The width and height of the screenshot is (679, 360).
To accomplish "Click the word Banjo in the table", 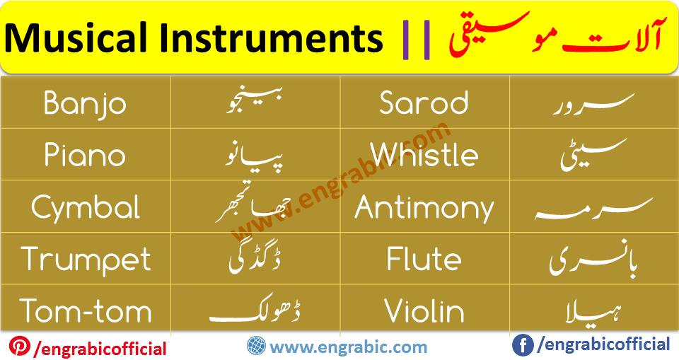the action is coord(85,104).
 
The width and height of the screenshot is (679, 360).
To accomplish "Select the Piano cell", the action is coord(85,155).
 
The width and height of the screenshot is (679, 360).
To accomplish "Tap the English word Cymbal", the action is coord(86,208).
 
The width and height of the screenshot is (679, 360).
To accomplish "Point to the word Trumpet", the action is coord(86,260).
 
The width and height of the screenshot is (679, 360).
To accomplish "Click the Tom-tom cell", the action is coord(86,311).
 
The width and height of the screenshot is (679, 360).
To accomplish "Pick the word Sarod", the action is coord(424,103).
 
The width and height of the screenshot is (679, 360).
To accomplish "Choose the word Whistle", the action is coord(424,154).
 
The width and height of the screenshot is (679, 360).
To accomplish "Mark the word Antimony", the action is coord(424,208).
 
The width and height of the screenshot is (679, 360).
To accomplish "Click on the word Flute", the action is coord(424,259).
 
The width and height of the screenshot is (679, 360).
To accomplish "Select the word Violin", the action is coord(424,311).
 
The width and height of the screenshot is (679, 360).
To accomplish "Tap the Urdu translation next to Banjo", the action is coord(255,100).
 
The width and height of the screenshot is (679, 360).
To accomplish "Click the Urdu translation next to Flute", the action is coord(593,258).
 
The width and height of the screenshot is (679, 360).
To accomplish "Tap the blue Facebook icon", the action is coord(523,345).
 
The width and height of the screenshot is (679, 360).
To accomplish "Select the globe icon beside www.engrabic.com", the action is coord(256,346).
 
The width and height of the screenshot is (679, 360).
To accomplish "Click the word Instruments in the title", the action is coord(271,38).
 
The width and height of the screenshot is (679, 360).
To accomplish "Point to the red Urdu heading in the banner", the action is coord(556,36).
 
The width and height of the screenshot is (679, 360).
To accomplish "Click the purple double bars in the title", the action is coord(416,40).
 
